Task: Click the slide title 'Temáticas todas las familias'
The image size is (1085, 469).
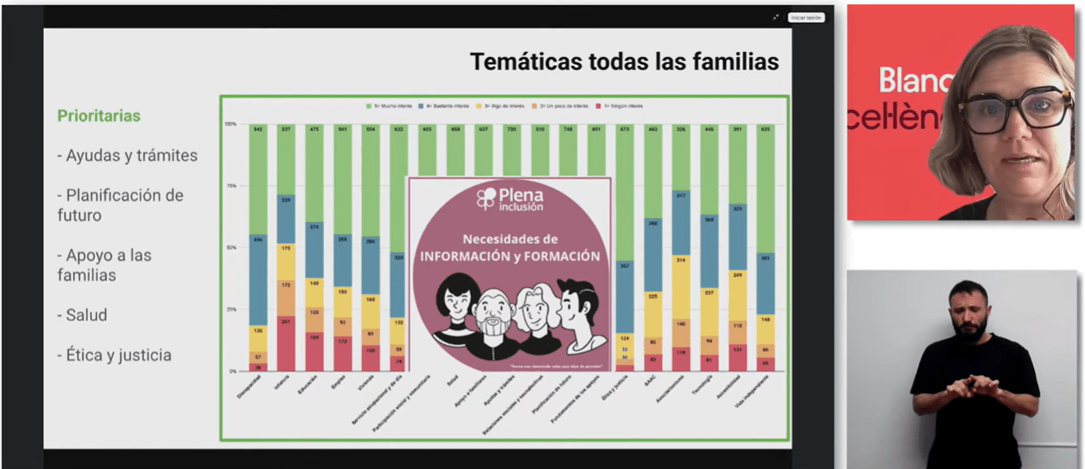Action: tap(624, 62)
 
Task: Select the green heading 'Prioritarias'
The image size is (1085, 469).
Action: tap(98, 116)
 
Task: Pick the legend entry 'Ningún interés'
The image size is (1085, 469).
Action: tap(622, 106)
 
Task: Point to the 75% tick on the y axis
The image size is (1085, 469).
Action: tap(231, 186)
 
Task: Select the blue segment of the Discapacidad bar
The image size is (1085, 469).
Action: tap(257, 280)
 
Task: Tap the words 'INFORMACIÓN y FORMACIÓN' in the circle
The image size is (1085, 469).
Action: tap(510, 256)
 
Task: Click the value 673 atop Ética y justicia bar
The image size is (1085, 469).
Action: tap(625, 129)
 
